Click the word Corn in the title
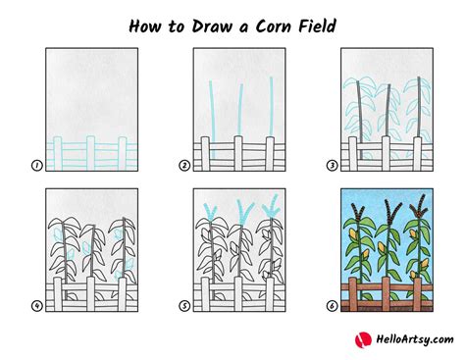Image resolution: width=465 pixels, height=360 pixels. point(273,26)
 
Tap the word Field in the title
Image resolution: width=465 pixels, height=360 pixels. point(317,26)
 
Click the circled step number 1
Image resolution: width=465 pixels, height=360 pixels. point(36,166)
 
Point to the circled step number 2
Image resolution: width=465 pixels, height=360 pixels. point(184,166)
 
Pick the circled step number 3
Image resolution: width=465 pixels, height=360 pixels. point(332,166)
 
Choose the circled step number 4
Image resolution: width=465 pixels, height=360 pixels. point(36,306)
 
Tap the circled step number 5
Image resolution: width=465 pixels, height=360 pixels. point(184,306)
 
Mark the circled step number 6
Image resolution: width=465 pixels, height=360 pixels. point(332,306)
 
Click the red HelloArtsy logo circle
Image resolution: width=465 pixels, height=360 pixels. point(363,340)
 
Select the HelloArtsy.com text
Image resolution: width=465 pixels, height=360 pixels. point(415,339)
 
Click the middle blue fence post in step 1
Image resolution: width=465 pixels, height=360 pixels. point(90,153)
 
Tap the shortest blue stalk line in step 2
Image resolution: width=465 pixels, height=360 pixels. point(240,110)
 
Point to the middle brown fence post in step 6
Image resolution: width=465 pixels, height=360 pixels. point(387,294)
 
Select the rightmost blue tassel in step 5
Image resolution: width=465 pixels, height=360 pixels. point(272,207)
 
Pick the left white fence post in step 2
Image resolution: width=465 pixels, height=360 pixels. point(205,154)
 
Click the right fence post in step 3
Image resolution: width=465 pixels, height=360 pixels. point(418,154)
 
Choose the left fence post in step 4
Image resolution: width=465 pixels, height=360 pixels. point(58,294)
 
